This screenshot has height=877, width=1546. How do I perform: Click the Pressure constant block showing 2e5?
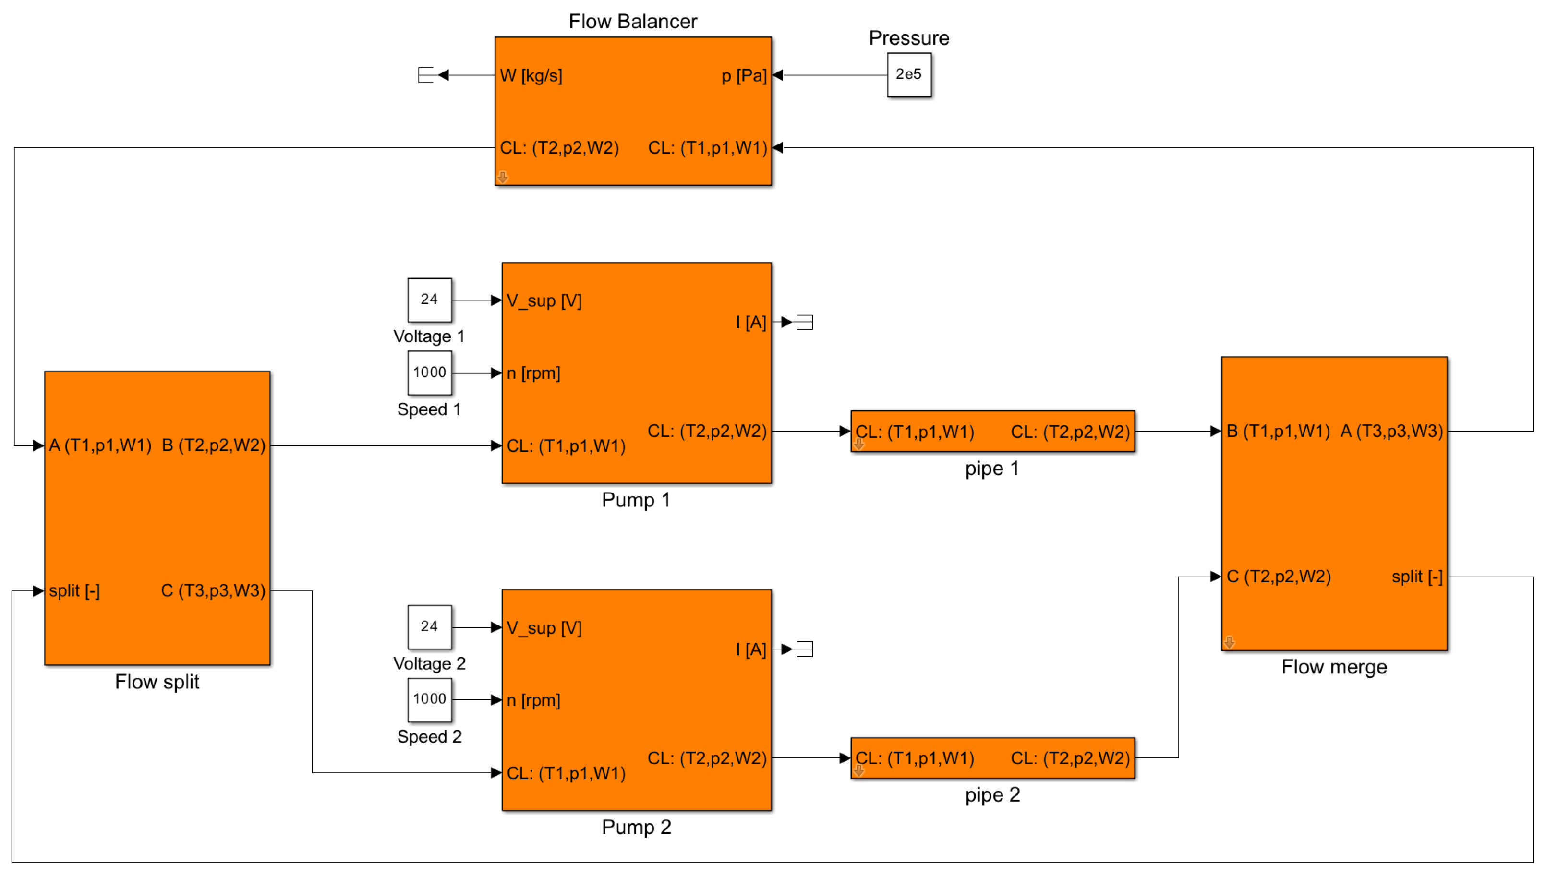909,75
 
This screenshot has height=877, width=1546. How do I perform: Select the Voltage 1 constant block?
429,300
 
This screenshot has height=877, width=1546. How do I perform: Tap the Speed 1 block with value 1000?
429,373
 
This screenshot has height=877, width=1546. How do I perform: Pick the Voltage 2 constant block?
429,627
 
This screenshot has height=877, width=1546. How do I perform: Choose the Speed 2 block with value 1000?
429,700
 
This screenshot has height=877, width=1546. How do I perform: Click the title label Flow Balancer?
633,22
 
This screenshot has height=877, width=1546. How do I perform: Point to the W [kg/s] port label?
531,76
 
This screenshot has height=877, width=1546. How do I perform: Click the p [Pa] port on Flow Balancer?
744,76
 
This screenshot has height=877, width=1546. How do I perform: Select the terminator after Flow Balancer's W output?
426,75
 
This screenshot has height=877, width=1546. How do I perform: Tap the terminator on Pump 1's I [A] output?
805,322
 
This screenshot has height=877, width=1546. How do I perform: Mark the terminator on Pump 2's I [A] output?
805,649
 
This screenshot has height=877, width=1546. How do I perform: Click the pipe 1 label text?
992,469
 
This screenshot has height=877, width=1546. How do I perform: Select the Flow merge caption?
1334,667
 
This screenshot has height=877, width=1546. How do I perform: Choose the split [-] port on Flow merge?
1416,577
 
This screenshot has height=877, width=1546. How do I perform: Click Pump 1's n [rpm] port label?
533,373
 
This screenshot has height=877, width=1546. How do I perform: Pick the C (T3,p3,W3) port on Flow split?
213,591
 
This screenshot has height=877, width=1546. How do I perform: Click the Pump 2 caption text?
637,827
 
